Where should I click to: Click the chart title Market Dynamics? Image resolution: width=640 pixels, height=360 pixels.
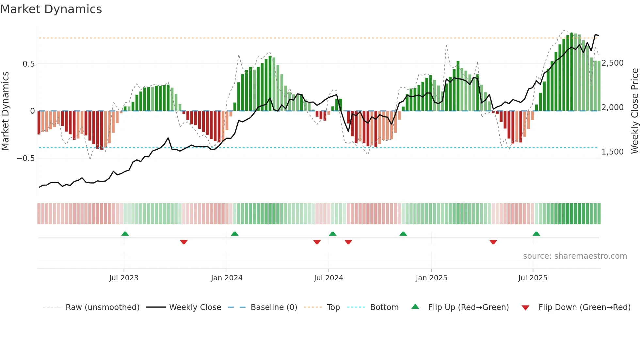(51, 9)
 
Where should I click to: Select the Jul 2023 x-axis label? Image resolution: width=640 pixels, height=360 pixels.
(124, 278)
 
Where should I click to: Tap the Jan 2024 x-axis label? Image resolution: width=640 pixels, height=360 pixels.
(227, 278)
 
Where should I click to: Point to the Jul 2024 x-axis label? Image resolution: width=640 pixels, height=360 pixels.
(328, 278)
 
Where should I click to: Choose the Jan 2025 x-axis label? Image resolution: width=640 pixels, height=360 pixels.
(431, 278)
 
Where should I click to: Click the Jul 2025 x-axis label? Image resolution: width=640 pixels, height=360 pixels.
(533, 278)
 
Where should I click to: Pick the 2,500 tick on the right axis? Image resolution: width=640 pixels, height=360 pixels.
(613, 63)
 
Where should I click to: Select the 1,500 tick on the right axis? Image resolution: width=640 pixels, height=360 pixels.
(613, 152)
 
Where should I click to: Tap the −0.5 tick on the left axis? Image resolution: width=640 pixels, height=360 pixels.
(26, 158)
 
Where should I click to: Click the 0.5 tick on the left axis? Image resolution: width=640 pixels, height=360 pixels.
(29, 64)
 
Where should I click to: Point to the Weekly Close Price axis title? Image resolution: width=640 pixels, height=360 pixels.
(634, 111)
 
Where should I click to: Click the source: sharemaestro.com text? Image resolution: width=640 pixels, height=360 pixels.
(575, 256)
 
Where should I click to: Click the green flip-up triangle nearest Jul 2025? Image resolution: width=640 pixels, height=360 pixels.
(536, 234)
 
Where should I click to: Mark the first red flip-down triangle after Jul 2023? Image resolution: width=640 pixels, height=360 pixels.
(184, 242)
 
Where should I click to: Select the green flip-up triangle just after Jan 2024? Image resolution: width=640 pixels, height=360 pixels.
(234, 234)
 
